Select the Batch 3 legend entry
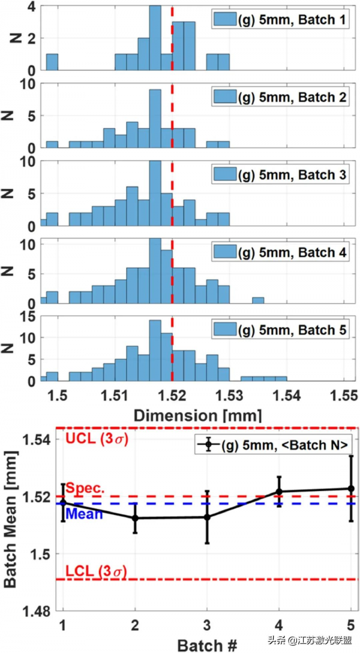pos(279,175)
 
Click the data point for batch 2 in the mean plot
pos(135,517)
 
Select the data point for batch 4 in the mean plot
pos(278,492)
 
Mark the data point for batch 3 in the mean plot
pos(207,517)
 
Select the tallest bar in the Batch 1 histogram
pos(155,37)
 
